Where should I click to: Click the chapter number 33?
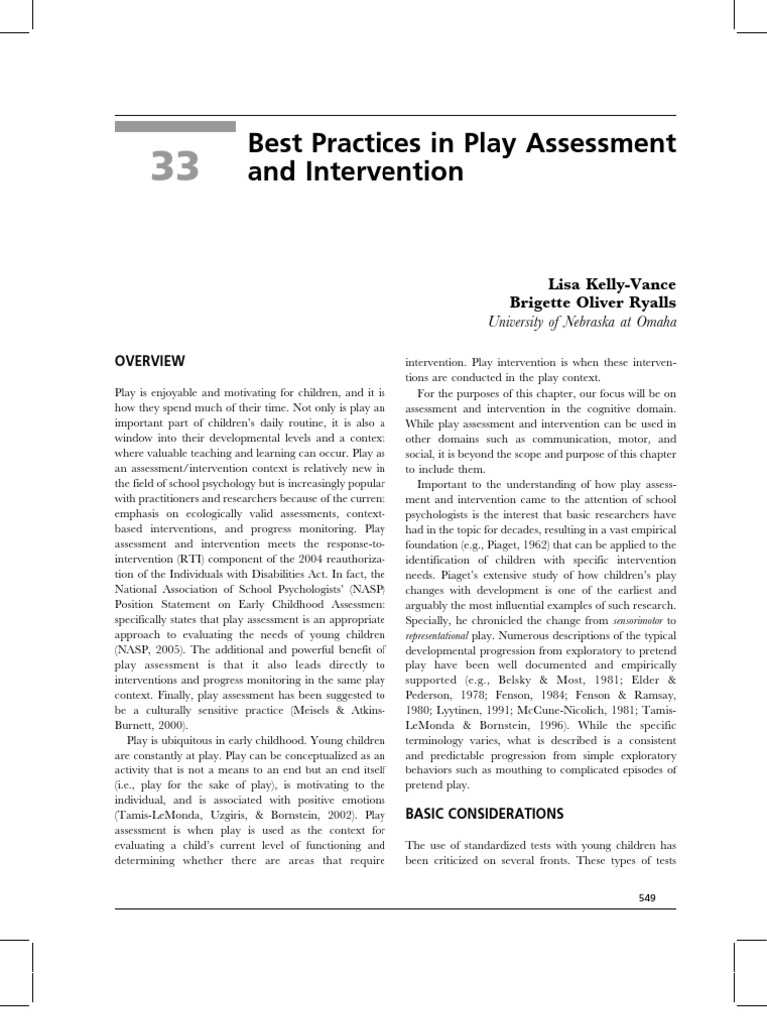coord(176,166)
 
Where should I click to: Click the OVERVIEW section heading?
coord(150,361)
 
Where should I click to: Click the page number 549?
coord(647,898)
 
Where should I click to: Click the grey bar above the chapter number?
coord(174,127)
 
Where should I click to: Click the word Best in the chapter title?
coord(270,144)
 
